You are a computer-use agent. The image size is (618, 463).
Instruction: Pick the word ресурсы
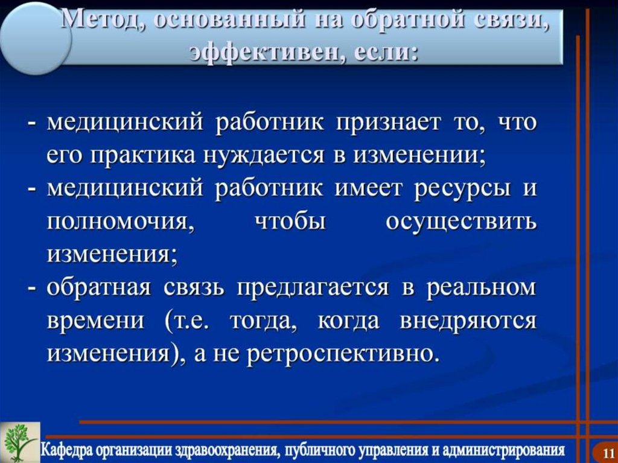click(x=462, y=188)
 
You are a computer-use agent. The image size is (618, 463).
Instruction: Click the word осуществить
click(x=460, y=222)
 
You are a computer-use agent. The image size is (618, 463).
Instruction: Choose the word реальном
click(x=481, y=287)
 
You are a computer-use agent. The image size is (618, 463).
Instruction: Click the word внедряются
click(x=468, y=321)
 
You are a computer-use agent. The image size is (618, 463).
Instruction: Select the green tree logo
click(x=20, y=442)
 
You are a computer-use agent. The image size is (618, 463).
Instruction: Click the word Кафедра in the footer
click(x=69, y=450)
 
